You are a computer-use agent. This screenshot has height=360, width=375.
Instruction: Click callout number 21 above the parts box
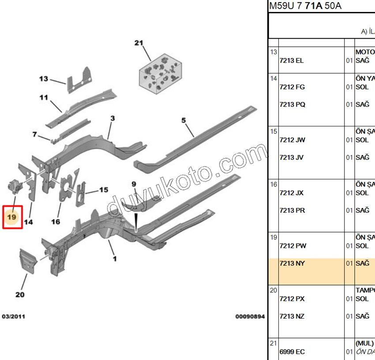click(x=139, y=43)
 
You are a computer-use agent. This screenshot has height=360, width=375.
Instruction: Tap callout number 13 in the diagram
click(x=43, y=79)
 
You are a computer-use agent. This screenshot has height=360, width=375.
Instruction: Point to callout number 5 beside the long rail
click(x=184, y=120)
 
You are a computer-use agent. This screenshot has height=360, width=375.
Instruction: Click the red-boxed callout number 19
click(x=12, y=217)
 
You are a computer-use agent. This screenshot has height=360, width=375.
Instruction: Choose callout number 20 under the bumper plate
click(x=20, y=294)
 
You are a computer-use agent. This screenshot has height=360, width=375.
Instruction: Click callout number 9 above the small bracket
click(x=133, y=184)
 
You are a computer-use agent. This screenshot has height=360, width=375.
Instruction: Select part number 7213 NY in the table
click(x=292, y=264)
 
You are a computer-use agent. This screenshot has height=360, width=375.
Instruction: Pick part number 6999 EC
click(x=292, y=352)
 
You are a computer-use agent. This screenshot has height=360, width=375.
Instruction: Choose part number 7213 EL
click(x=292, y=60)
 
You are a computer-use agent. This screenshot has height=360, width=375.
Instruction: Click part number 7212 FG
click(x=292, y=87)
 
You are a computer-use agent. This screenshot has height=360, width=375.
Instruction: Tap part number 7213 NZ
click(x=292, y=316)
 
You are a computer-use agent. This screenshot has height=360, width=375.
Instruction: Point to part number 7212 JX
click(x=292, y=193)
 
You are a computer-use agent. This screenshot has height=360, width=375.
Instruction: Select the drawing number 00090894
click(x=250, y=316)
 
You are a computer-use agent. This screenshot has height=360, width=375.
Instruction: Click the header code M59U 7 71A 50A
click(x=305, y=6)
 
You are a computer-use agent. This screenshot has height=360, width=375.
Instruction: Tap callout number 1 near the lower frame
click(x=115, y=259)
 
